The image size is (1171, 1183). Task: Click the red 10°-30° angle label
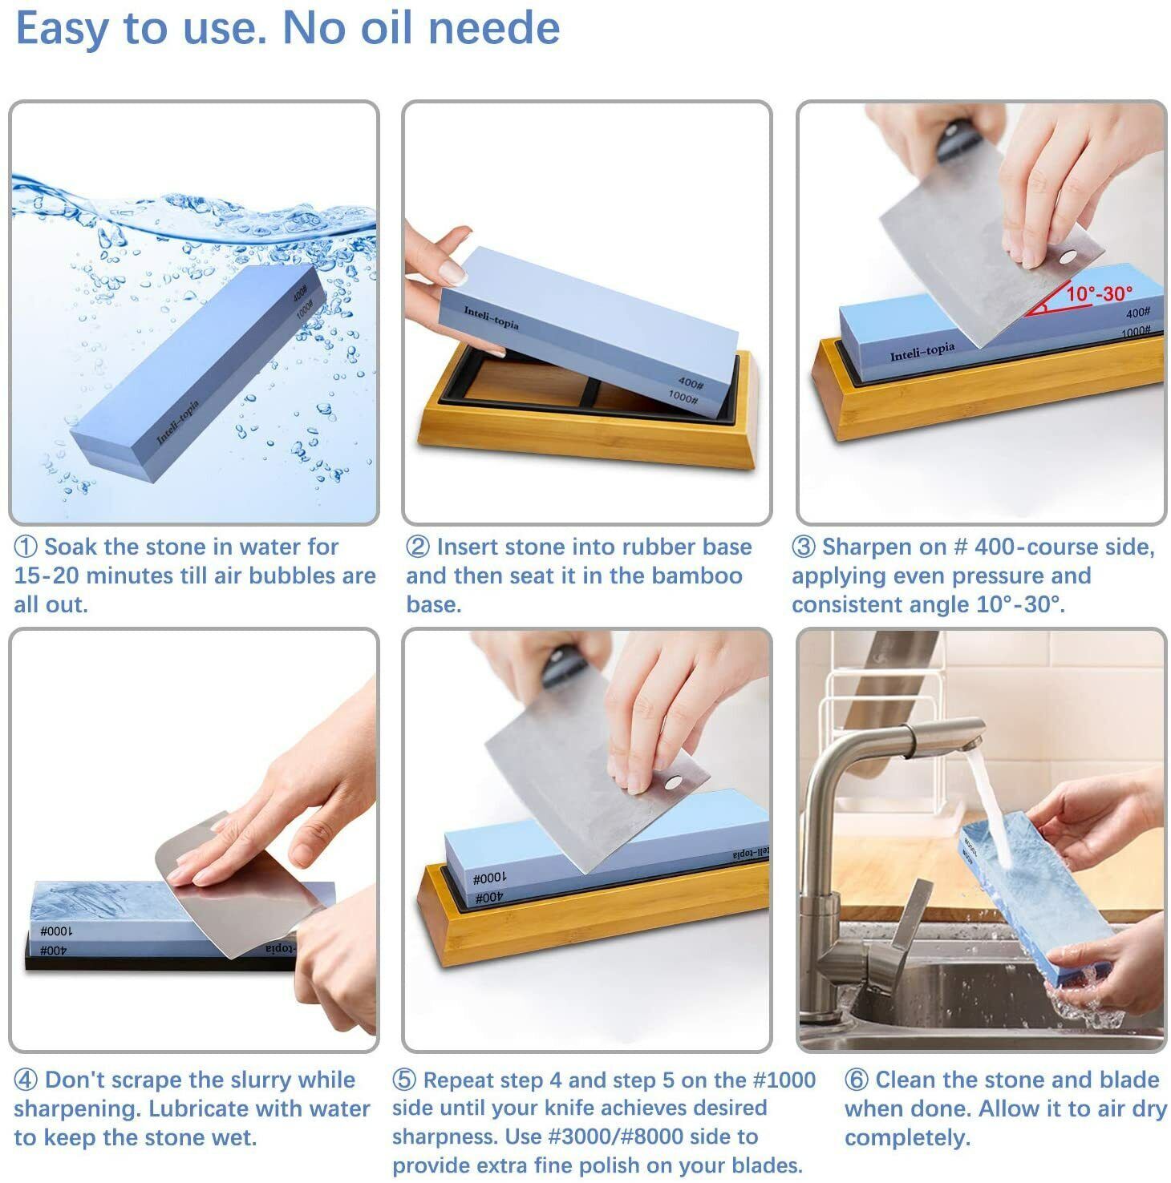[x=1099, y=294]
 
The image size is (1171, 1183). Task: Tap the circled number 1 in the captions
[x=26, y=547]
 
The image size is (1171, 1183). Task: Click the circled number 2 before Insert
[x=418, y=547]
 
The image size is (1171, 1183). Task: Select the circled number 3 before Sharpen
[x=804, y=547]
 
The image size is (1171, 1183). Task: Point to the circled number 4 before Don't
[x=26, y=1080]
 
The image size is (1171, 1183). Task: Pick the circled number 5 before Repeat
[x=404, y=1080]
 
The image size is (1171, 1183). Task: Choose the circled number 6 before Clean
[x=857, y=1080]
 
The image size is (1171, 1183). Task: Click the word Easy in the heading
[x=60, y=29]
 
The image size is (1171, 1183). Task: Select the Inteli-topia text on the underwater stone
[x=177, y=421]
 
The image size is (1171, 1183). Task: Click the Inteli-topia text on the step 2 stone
[x=491, y=317]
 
